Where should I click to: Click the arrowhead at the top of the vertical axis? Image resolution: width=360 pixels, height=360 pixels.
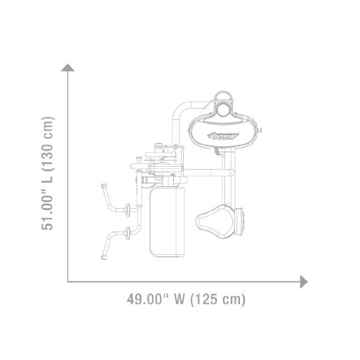[69, 67]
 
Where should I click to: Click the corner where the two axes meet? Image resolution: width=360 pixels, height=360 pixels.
[69, 281]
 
